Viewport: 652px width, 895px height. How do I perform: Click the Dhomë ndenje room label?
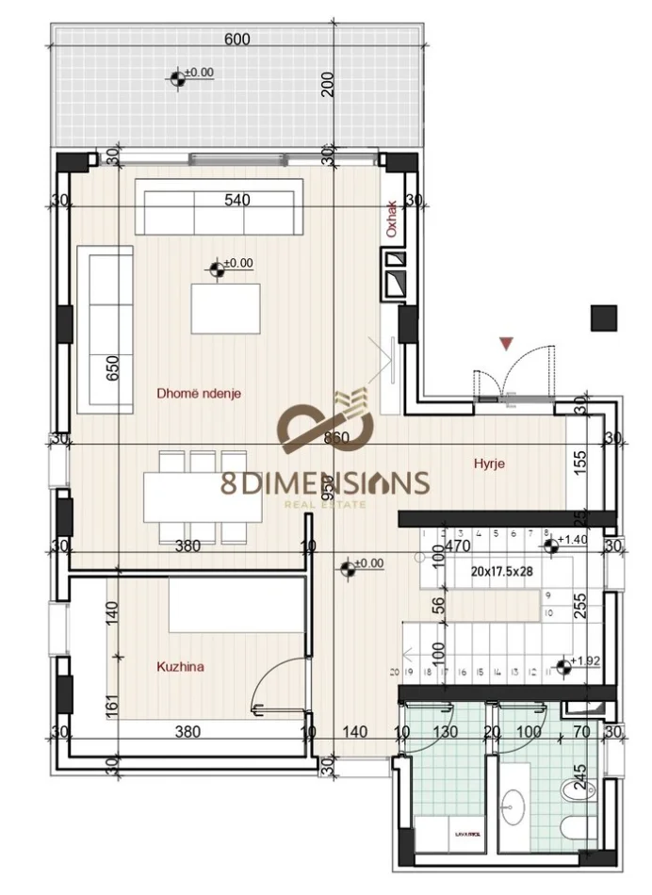click(199, 395)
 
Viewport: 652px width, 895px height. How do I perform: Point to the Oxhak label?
click(392, 219)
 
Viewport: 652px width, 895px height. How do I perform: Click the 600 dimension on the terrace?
click(237, 40)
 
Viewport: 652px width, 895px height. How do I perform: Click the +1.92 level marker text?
click(586, 660)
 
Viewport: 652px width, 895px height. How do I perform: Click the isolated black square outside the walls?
click(603, 317)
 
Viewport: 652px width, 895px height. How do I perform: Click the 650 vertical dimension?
click(113, 367)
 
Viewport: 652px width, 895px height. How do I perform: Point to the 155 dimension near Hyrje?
click(580, 460)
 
